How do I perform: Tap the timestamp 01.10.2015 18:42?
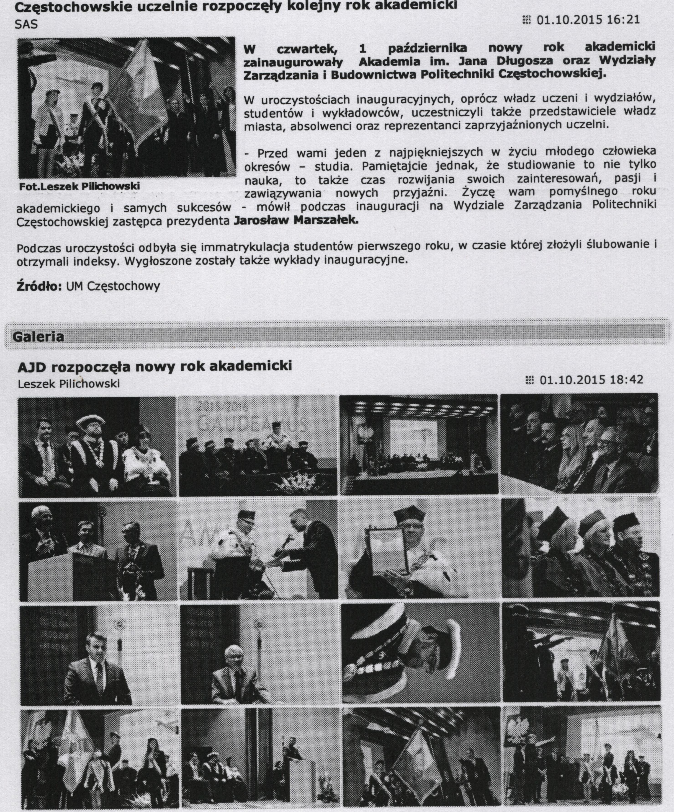591,380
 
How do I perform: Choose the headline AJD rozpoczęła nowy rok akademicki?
154,366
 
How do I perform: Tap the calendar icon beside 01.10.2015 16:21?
526,20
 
